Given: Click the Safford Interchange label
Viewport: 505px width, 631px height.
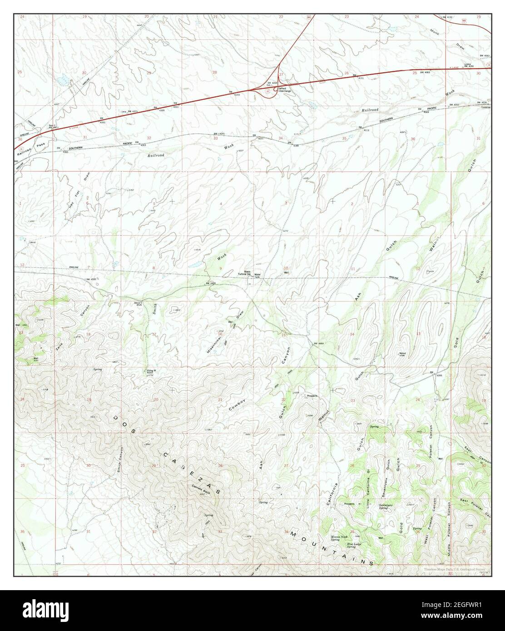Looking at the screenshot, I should pyautogui.click(x=284, y=89).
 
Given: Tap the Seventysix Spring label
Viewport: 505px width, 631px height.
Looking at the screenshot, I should pyautogui.click(x=389, y=508).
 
